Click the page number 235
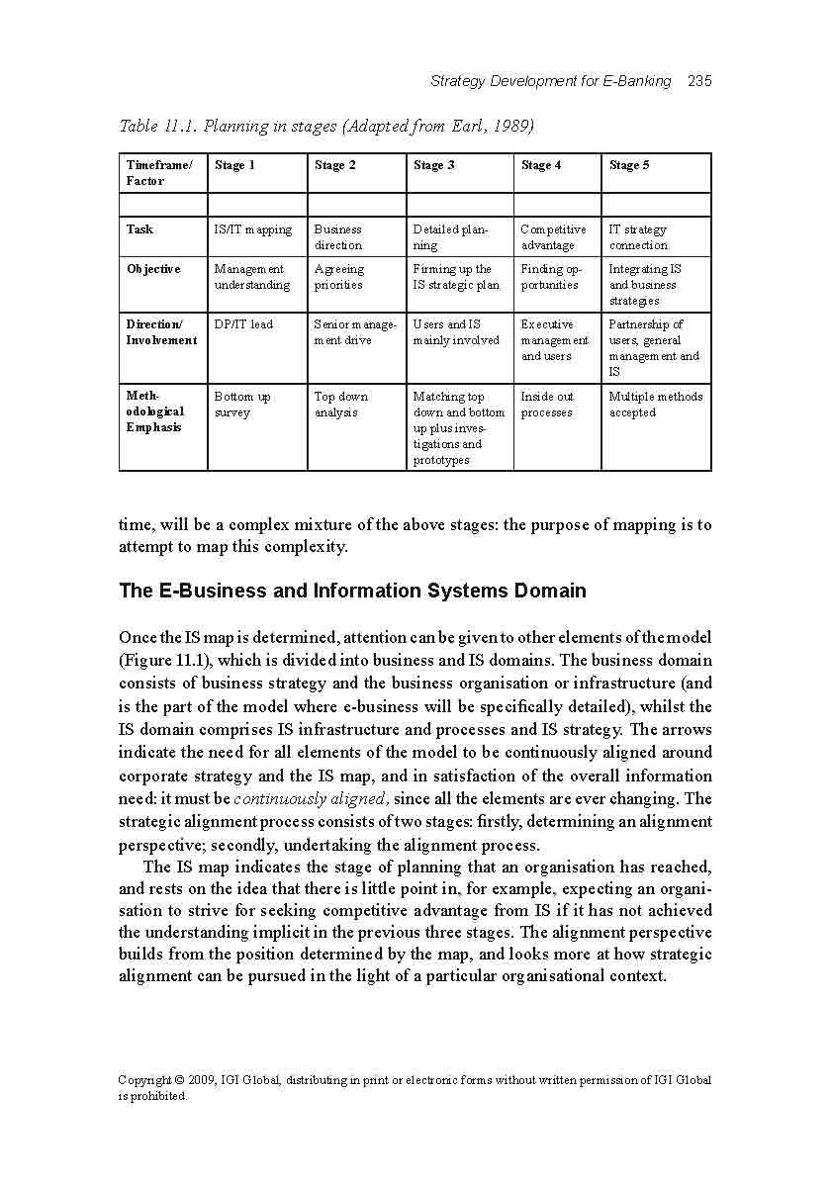pyautogui.click(x=699, y=81)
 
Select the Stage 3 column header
pyautogui.click(x=433, y=165)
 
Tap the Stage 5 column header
pyautogui.click(x=629, y=165)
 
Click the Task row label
pyautogui.click(x=139, y=229)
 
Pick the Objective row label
pyautogui.click(x=153, y=269)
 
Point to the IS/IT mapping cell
pyautogui.click(x=253, y=229)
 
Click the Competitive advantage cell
pyautogui.click(x=553, y=237)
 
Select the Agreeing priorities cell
pyautogui.click(x=338, y=277)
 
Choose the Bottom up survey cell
pyautogui.click(x=242, y=405)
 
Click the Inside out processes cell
pyautogui.click(x=547, y=405)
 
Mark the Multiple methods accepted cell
pyautogui.click(x=655, y=405)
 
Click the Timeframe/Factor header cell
pyautogui.click(x=159, y=173)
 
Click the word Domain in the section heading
pyautogui.click(x=549, y=592)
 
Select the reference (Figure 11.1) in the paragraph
pyautogui.click(x=165, y=661)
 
